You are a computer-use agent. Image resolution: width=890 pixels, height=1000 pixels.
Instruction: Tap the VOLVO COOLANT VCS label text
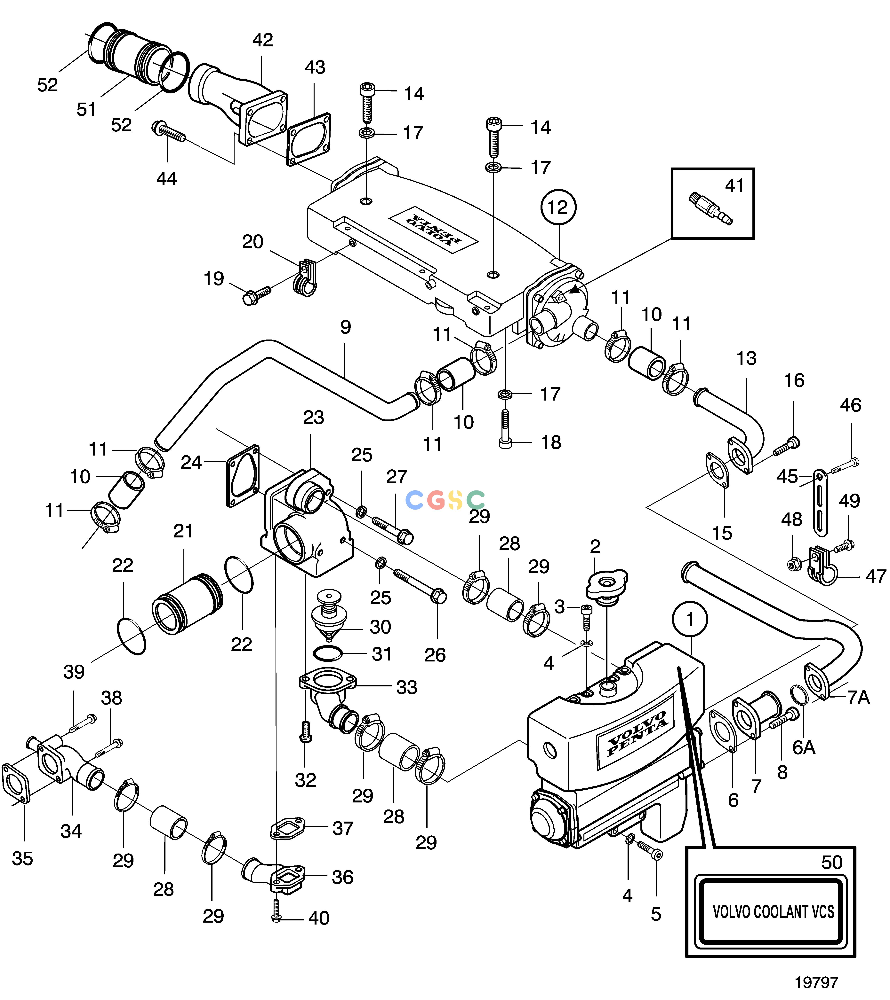(773, 912)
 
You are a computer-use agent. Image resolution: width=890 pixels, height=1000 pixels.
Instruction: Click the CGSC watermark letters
(445, 500)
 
